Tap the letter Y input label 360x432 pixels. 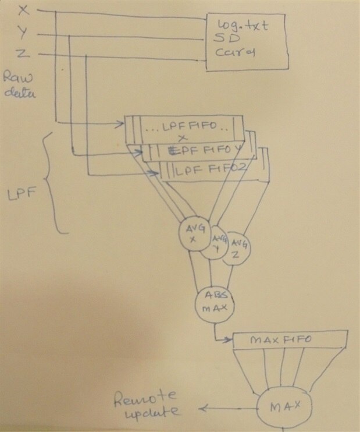point(22,31)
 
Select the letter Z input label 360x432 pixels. point(21,54)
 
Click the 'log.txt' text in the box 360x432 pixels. point(241,26)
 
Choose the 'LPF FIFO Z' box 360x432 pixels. point(212,171)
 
